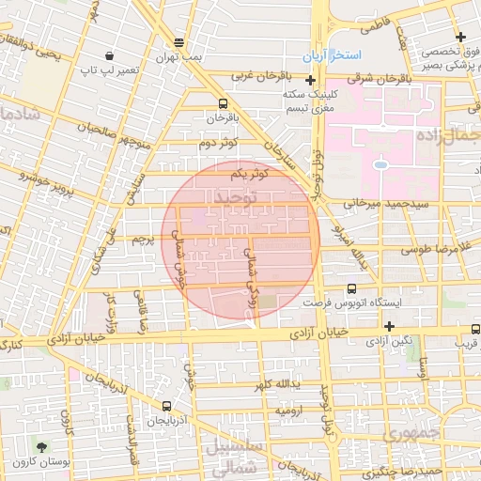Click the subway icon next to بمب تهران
coord(179,42)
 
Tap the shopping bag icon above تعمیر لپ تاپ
coord(110,56)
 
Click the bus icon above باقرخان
coord(222,103)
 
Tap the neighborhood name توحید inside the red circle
coord(235,198)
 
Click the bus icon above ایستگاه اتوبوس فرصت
coord(351,289)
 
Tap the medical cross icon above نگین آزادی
coord(389,325)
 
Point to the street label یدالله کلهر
coord(277,385)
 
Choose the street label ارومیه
coord(288,411)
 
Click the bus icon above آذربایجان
coord(166,406)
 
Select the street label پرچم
coord(140,240)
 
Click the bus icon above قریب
coord(475,329)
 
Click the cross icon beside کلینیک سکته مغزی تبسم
coord(311,81)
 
